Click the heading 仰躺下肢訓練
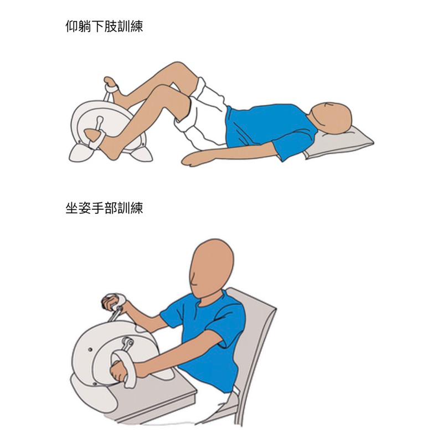click(104, 26)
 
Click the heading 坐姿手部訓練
click(104, 209)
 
